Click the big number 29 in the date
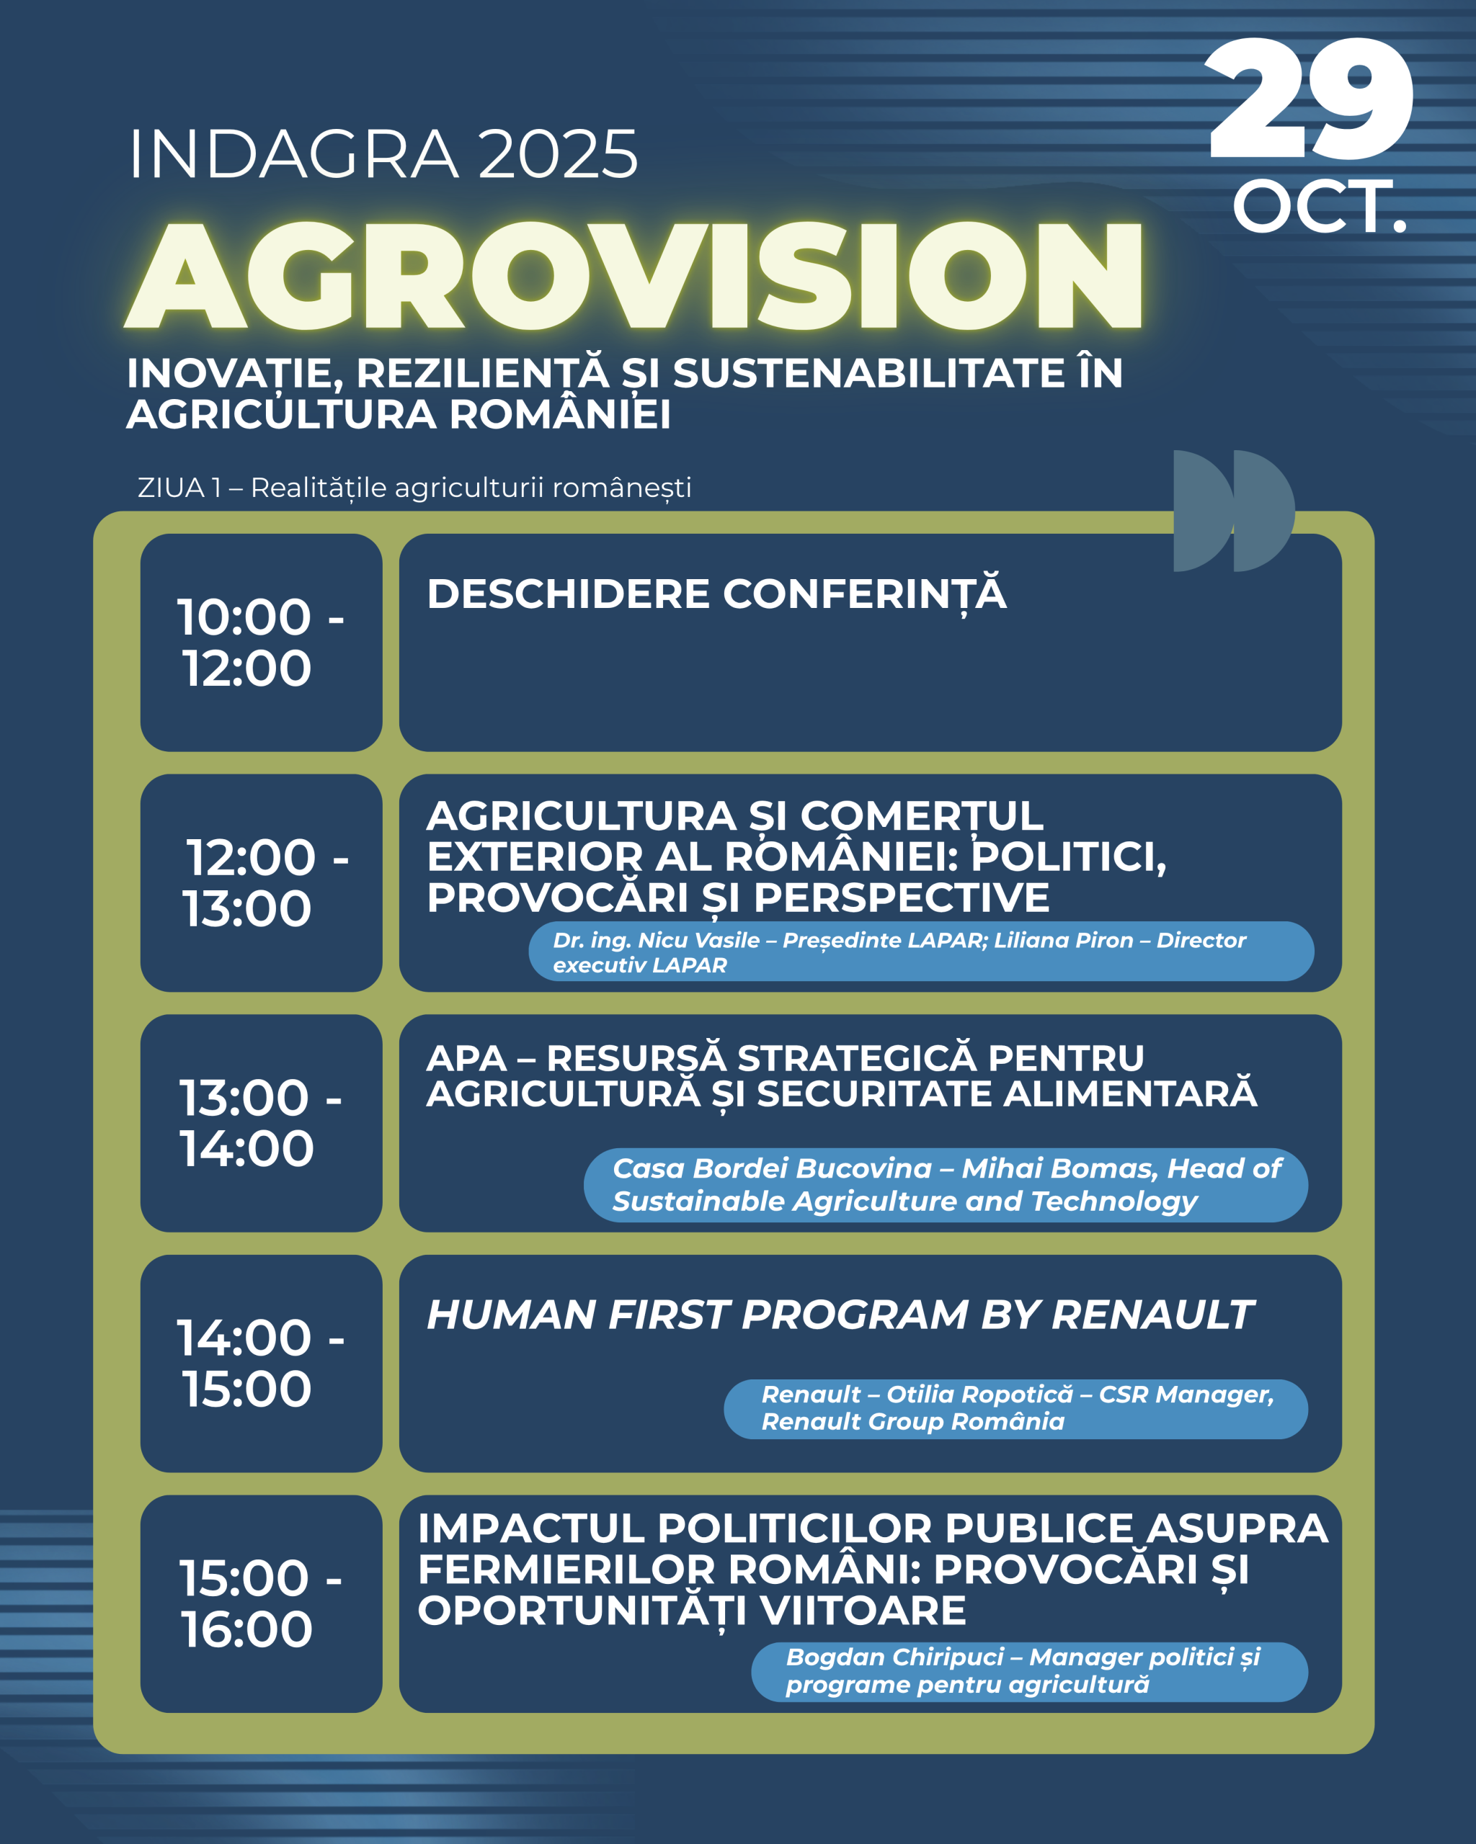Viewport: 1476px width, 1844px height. [1310, 99]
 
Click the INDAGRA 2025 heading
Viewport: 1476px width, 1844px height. [383, 155]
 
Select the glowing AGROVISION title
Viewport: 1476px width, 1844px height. [634, 274]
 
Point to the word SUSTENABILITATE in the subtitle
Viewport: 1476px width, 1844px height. [868, 374]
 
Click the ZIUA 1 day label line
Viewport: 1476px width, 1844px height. [414, 488]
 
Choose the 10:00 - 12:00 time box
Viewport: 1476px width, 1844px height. [261, 643]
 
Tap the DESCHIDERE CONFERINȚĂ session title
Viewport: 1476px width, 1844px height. [717, 594]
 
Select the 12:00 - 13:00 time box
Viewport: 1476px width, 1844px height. [261, 882]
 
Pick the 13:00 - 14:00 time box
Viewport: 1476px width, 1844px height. [261, 1123]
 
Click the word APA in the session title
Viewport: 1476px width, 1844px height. [466, 1059]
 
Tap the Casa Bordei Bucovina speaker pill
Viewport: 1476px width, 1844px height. [946, 1185]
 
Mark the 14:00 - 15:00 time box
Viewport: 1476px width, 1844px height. [261, 1364]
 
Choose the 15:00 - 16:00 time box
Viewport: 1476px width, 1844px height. [261, 1603]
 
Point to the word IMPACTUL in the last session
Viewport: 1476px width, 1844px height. [531, 1529]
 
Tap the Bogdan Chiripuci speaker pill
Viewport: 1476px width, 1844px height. [1029, 1671]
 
